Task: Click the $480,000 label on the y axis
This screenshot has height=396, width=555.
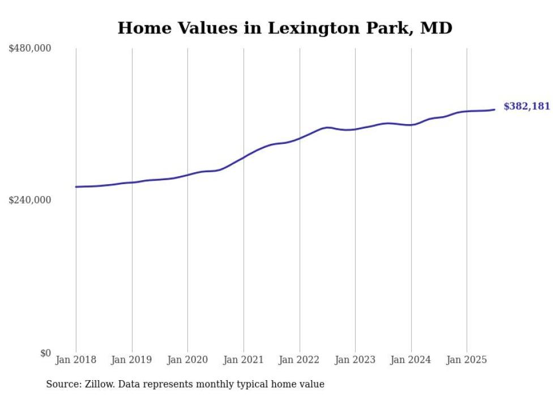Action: (x=30, y=49)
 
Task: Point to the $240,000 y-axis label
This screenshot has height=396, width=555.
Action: (x=30, y=200)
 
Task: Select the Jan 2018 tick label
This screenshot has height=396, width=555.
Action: (x=76, y=360)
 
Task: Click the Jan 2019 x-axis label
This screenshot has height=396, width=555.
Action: (x=132, y=360)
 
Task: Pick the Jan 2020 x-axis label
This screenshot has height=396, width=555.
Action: (x=187, y=360)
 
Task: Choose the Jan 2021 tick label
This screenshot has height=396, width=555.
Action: (x=244, y=360)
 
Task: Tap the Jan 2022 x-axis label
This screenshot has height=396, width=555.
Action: (x=300, y=360)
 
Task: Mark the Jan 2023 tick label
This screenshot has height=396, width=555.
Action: (x=355, y=360)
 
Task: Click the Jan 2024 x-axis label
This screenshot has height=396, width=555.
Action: (x=411, y=360)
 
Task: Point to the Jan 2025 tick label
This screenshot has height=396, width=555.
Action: (x=467, y=360)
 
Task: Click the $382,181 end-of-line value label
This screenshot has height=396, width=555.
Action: (x=527, y=107)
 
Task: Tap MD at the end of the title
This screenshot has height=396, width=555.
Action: (x=437, y=28)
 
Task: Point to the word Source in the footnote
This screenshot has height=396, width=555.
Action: (x=63, y=384)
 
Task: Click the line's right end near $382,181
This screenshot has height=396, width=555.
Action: (x=494, y=109)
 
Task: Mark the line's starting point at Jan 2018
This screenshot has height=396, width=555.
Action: (x=76, y=186)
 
